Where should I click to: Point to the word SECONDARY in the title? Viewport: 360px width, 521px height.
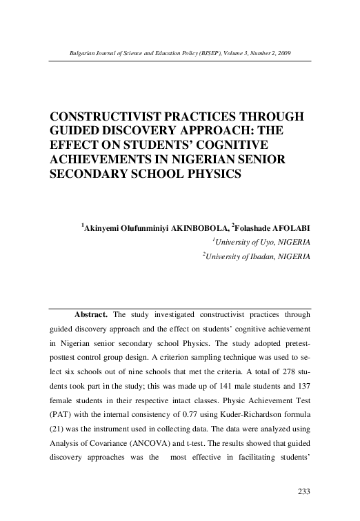tap(92, 174)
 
